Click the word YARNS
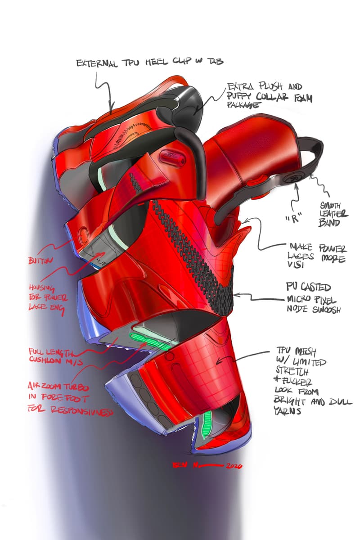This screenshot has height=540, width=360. (x=287, y=411)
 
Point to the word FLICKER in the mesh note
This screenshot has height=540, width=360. (x=297, y=383)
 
